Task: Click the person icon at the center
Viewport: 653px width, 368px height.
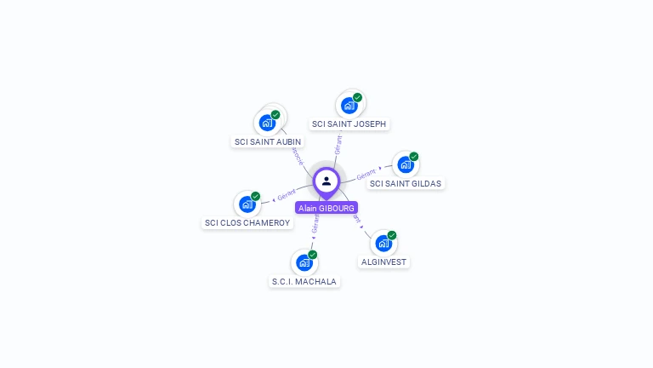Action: point(326,181)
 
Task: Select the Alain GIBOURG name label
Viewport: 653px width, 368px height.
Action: point(326,208)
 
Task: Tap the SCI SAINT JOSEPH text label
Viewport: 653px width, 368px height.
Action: point(349,124)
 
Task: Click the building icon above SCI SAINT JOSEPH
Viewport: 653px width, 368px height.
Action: point(349,106)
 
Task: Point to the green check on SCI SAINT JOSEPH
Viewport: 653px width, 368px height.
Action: point(358,97)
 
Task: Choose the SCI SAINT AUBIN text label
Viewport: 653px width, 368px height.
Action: point(267,141)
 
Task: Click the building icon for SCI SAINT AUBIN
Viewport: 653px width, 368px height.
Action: point(267,122)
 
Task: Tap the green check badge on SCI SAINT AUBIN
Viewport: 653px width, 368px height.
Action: point(275,114)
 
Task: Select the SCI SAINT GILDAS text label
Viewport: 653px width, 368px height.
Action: point(406,183)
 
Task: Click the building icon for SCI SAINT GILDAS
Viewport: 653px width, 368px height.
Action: point(405,164)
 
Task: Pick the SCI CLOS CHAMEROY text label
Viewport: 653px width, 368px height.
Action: point(247,223)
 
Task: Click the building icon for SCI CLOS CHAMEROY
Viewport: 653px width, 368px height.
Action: point(247,204)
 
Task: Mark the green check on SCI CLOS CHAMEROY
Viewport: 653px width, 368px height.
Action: point(256,196)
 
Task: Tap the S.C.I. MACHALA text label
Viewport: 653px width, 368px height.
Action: point(304,281)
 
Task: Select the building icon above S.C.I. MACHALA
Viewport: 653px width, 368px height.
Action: point(304,262)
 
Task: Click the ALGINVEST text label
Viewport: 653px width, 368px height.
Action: point(383,262)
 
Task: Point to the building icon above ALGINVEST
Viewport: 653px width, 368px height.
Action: point(383,243)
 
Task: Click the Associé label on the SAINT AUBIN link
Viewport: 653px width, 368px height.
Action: point(298,157)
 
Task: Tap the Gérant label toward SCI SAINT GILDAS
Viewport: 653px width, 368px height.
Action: point(366,174)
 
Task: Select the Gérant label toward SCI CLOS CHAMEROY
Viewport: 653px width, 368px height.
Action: point(287,197)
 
